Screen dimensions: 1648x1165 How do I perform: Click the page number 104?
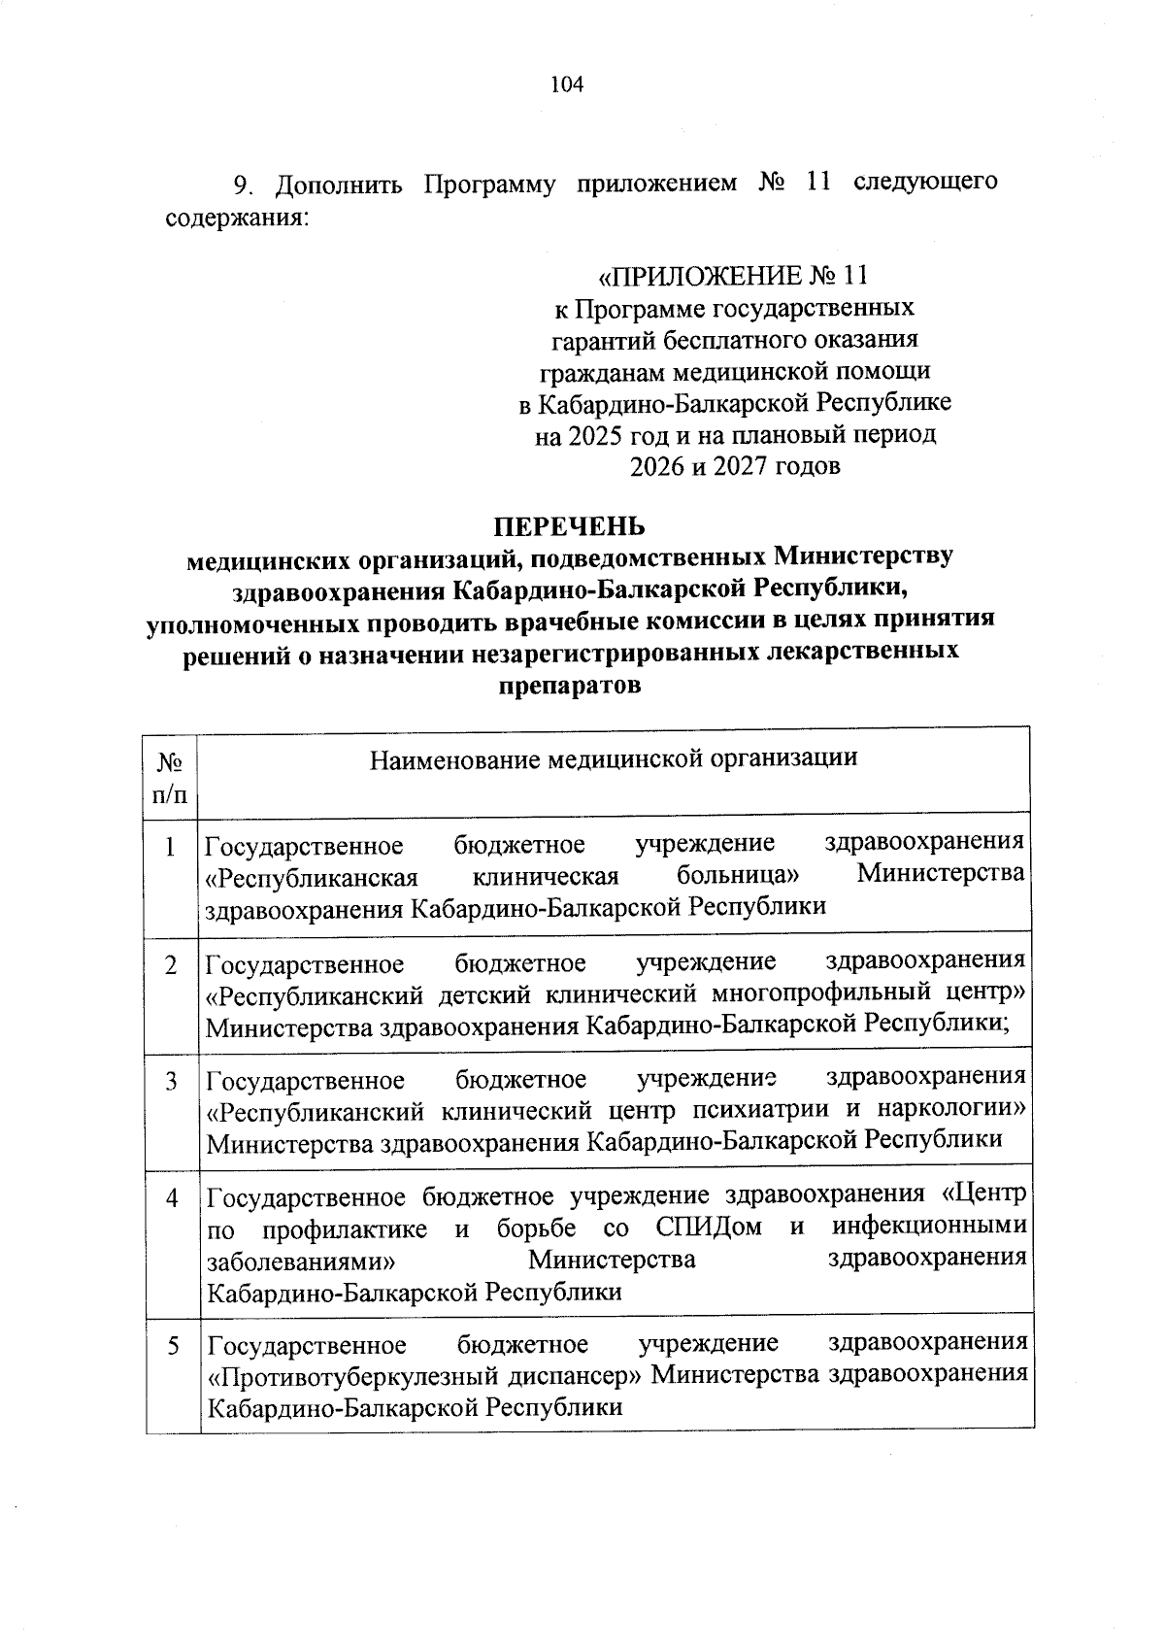click(567, 84)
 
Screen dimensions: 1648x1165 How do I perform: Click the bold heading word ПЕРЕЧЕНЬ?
click(569, 526)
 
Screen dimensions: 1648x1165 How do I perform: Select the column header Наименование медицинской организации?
click(614, 757)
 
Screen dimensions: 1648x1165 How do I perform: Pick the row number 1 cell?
click(171, 848)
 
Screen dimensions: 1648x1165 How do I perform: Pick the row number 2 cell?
click(171, 965)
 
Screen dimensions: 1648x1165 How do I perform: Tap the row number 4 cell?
click(171, 1197)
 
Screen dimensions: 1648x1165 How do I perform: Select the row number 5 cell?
click(173, 1346)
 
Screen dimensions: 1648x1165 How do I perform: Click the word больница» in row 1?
click(738, 876)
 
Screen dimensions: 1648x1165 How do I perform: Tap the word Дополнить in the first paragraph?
click(339, 184)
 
